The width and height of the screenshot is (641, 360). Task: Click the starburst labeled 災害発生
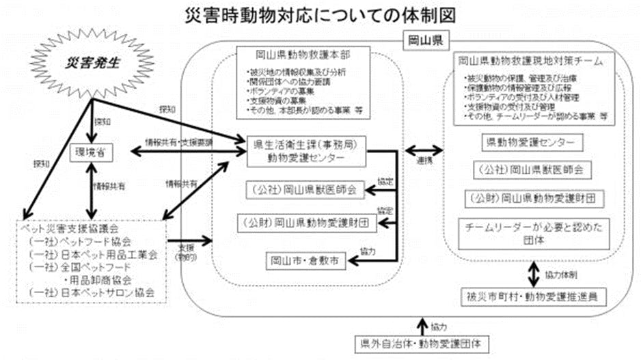(93, 63)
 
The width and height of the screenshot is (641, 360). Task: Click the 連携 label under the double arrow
(422, 161)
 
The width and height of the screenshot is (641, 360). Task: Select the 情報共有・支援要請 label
(180, 143)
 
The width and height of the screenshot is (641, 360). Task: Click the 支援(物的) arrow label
(187, 251)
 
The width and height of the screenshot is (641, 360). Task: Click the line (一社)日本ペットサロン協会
(92, 292)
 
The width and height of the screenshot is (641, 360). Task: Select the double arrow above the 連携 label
(422, 149)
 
